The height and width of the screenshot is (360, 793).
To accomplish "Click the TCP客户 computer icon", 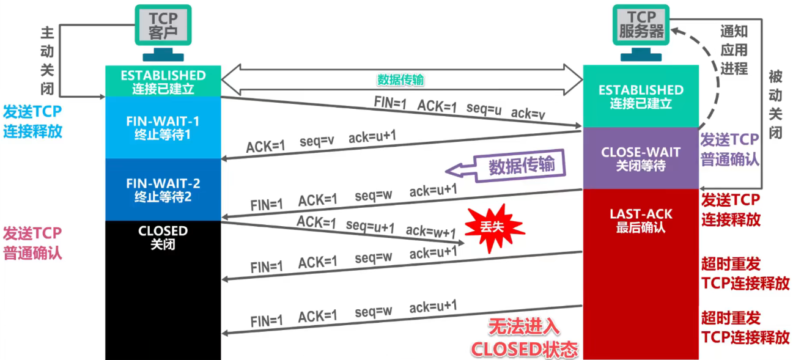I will pos(163,28).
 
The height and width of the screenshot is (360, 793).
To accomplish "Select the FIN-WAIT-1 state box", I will pos(163,128).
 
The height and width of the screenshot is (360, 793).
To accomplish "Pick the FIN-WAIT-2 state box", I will pos(163,189).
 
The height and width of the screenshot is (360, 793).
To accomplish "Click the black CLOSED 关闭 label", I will pos(163,237).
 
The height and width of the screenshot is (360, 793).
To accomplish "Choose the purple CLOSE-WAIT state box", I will pos(640,158).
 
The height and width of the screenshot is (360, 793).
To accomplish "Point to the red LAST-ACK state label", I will pos(640,220).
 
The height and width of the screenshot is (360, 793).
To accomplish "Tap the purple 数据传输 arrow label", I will pos(520,166).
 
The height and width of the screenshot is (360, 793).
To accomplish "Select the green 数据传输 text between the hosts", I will pos(400,80).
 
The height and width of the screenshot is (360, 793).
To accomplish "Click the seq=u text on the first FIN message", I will pos(484,108).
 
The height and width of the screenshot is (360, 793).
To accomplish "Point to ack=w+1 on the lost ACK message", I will pos(431,232).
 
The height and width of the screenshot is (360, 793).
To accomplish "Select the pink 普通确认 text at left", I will pos(33,252).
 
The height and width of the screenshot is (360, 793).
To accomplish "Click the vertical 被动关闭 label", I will pos(775,105).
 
